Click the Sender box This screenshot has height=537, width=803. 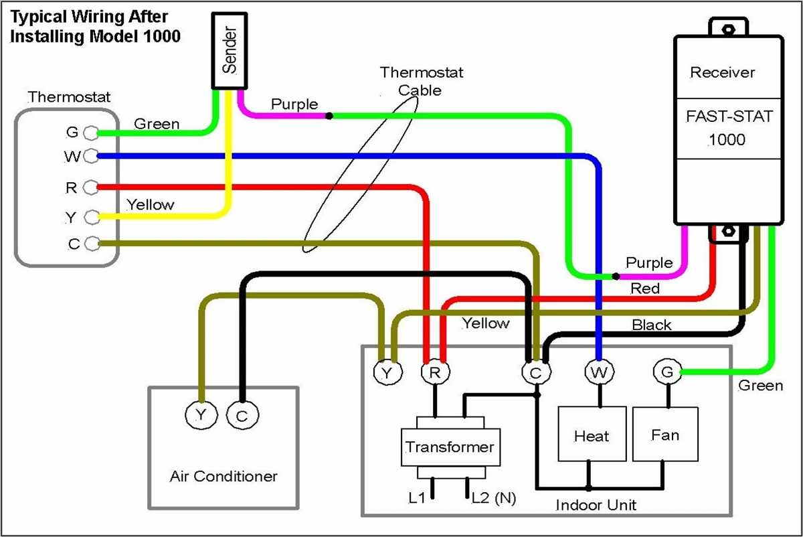click(x=230, y=51)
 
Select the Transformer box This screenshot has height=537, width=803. click(x=450, y=447)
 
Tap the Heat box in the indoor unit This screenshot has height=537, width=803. click(x=592, y=436)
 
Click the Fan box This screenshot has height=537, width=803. click(x=665, y=435)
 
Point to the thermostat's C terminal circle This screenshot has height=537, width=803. click(x=92, y=243)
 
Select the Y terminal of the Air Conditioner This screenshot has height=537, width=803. click(x=200, y=416)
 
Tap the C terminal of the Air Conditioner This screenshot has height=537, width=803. click(x=241, y=416)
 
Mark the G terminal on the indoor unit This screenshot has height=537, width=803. click(x=666, y=372)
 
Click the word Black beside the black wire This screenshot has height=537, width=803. click(x=651, y=325)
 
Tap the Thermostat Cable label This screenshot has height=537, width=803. click(x=421, y=80)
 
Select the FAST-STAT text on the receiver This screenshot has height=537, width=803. click(x=729, y=117)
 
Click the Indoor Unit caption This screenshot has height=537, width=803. click(x=596, y=505)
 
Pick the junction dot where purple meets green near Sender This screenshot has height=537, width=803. click(x=329, y=116)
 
